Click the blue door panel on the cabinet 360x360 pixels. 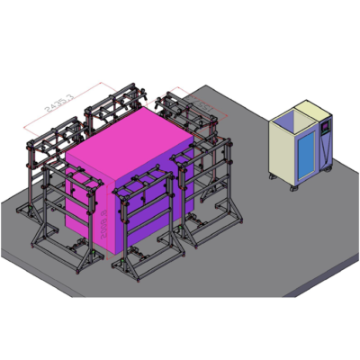307,152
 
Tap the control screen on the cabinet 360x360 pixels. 322,131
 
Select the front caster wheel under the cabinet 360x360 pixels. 295,188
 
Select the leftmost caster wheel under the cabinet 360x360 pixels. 274,175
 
